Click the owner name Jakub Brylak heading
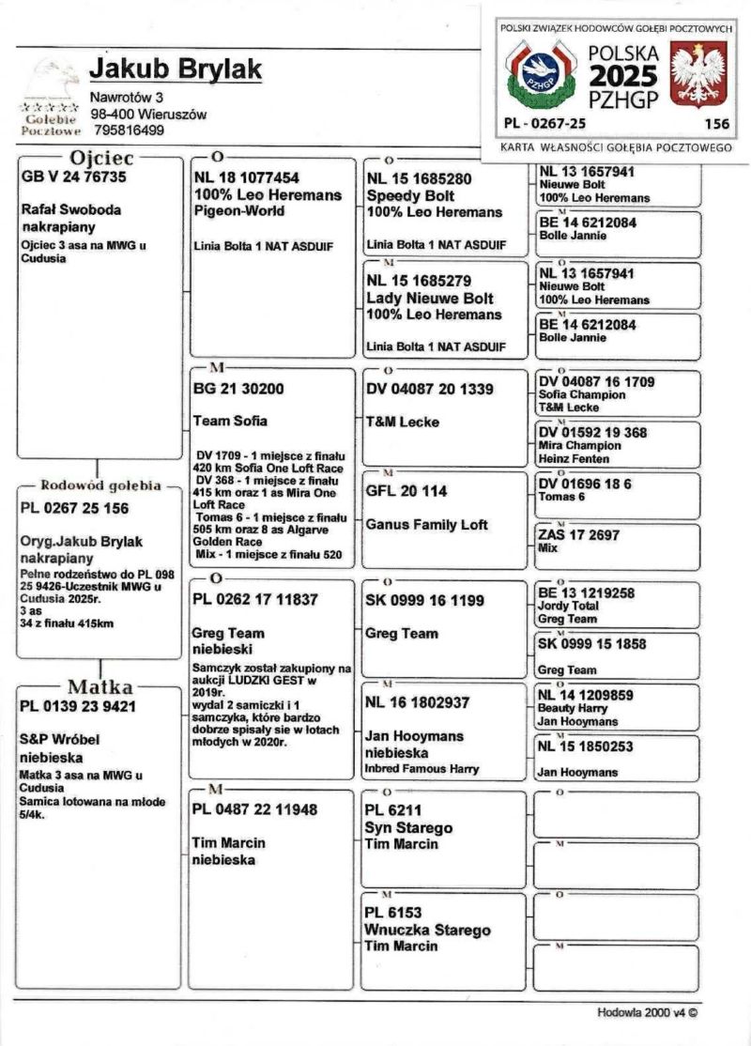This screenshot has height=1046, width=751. tap(176, 69)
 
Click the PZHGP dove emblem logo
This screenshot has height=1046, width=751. tap(538, 74)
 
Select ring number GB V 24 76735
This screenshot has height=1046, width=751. tap(73, 177)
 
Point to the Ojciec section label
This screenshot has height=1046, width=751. tap(101, 157)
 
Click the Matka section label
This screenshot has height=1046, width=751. tap(100, 685)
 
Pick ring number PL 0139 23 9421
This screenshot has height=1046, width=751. tap(79, 705)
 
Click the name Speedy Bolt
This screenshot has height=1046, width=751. tap(410, 195)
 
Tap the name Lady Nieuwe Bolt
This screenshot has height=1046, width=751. tap(430, 298)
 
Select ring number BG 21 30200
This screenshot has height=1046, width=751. tap(238, 388)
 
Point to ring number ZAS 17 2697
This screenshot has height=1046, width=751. tap(579, 534)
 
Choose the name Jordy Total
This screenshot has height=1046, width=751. tap(569, 607)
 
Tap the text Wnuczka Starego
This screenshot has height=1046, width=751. tap(428, 930)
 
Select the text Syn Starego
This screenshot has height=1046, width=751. tap(409, 827)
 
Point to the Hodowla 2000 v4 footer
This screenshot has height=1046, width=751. tap(648, 1012)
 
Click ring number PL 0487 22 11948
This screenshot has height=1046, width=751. tap(254, 808)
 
